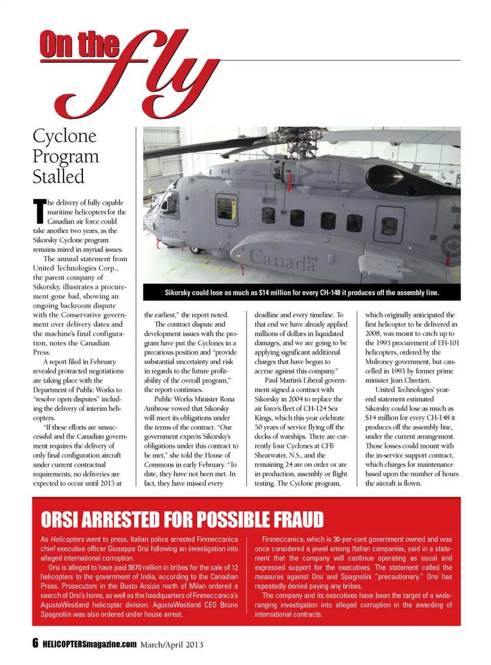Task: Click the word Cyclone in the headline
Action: (64, 136)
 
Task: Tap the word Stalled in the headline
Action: (58, 177)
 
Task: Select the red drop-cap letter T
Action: (39, 211)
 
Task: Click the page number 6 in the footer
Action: (35, 643)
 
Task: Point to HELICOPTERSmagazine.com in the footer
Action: (90, 644)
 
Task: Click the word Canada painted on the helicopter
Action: (283, 259)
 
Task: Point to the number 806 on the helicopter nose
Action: (172, 233)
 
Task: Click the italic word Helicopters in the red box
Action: (68, 539)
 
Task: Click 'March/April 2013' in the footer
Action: (172, 645)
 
